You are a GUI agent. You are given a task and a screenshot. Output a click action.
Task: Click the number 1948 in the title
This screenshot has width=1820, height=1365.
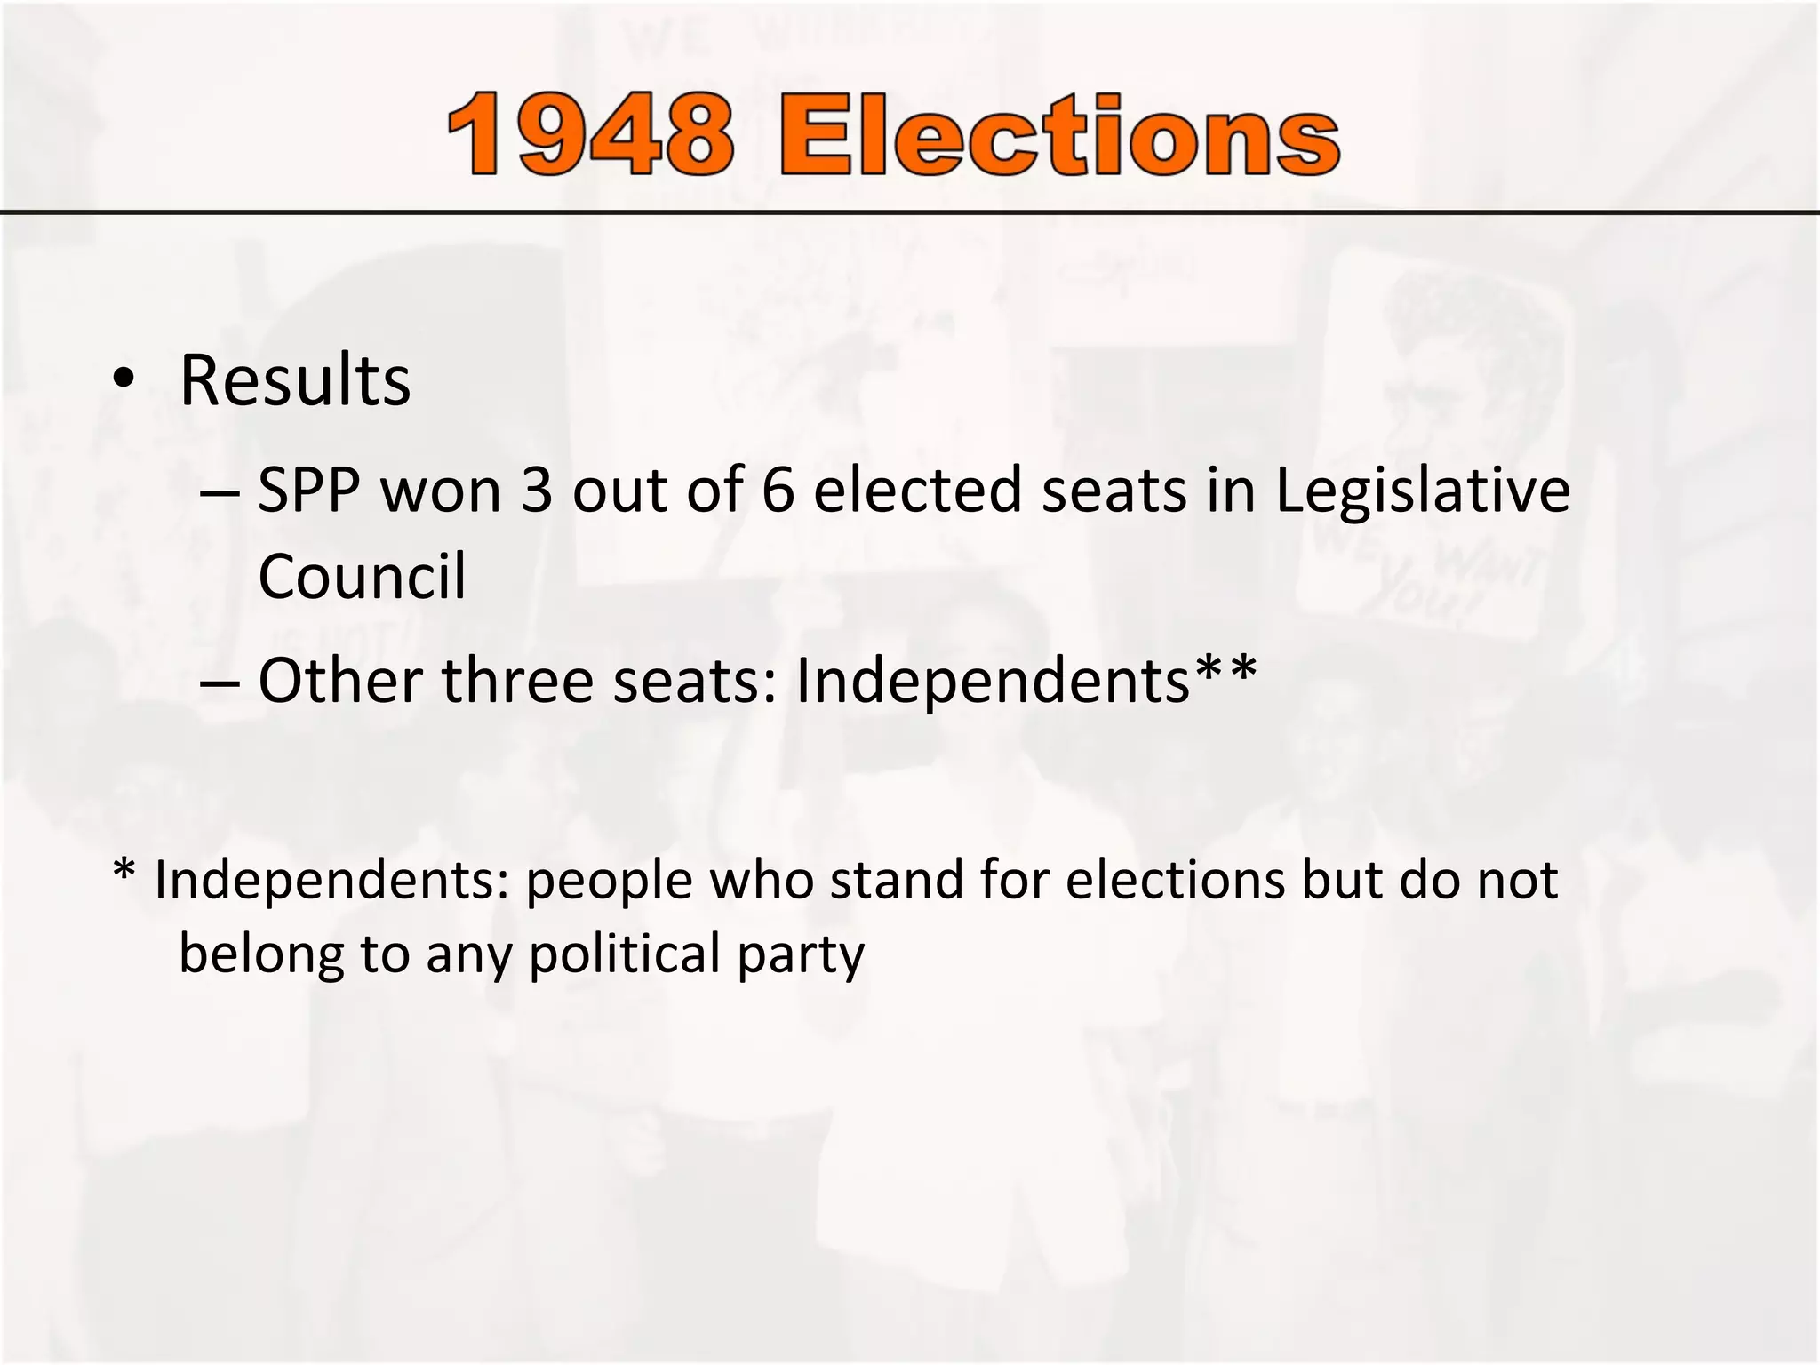point(591,136)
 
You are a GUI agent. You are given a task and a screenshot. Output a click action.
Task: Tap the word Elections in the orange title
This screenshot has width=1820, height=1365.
point(1059,136)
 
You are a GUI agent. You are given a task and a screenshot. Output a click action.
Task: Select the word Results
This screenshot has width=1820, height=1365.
point(295,380)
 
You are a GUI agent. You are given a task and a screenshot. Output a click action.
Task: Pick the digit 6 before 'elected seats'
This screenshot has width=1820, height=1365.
point(778,491)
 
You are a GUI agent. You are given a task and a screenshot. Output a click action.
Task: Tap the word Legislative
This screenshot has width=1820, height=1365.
point(1423,491)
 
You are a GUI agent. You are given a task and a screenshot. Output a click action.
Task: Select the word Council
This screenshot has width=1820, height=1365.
point(362,576)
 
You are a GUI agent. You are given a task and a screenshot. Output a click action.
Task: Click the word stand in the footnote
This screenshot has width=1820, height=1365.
point(897,880)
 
